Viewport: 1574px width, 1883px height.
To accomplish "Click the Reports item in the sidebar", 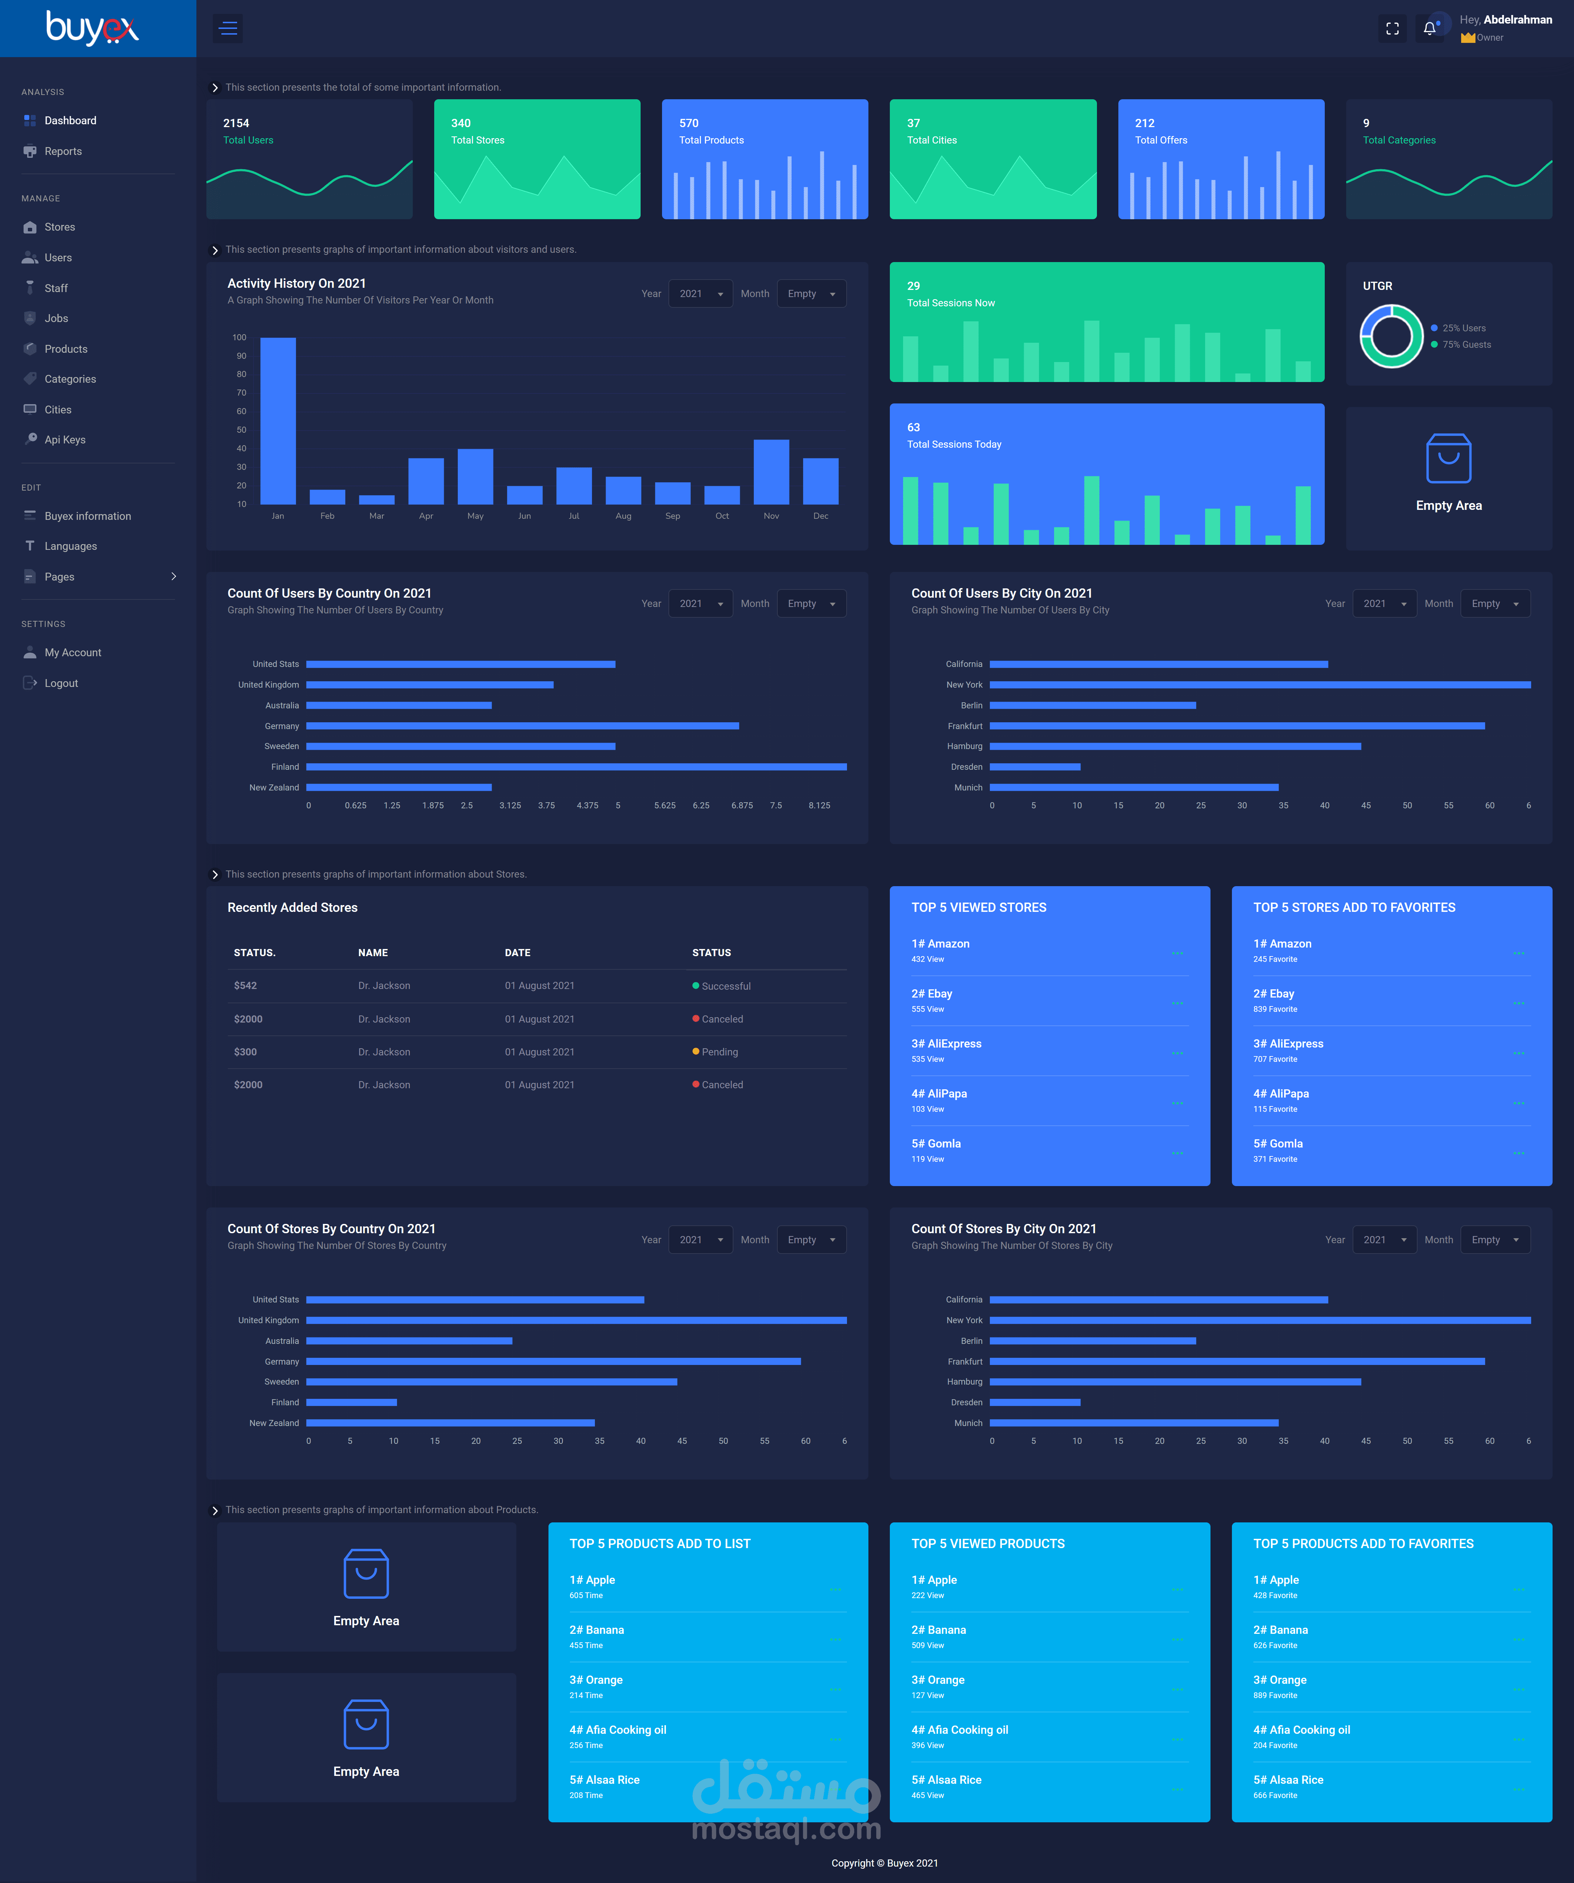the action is point(63,151).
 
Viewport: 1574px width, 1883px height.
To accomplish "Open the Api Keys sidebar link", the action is point(65,440).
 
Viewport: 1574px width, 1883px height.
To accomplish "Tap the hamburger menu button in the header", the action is point(228,29).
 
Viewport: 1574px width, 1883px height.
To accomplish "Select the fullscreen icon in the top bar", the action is point(1392,29).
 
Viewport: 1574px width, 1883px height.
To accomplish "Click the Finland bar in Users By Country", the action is point(577,767).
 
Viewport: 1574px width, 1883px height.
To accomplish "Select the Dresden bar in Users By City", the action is point(1035,767).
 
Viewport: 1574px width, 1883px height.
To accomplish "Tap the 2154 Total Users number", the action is point(236,123).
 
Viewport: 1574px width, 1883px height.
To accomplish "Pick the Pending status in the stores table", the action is point(716,1052).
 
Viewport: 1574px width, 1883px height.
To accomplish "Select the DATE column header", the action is point(517,952).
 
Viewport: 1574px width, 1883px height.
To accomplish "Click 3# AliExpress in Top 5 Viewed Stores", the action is point(946,1044).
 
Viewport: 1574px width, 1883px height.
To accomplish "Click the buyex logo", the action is point(92,28).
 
